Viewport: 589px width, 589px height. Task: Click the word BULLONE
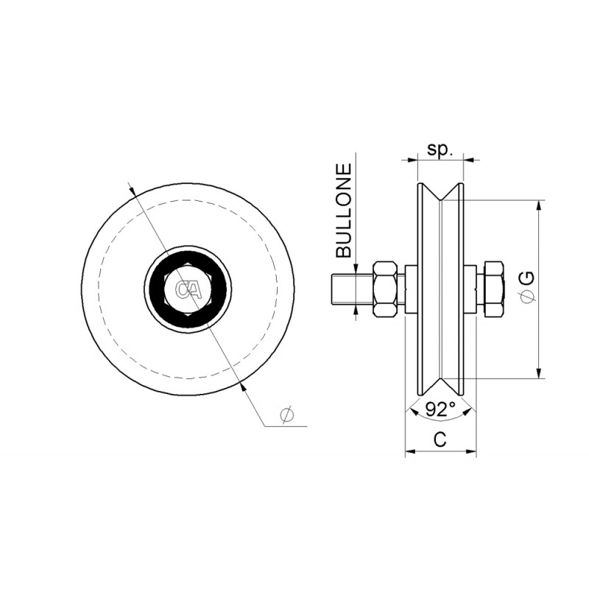click(x=344, y=211)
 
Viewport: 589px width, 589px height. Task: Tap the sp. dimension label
click(x=440, y=150)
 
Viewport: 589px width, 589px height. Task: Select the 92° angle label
click(x=440, y=409)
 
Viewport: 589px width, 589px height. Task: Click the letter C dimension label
click(x=440, y=439)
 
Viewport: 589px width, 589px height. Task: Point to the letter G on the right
click(x=528, y=278)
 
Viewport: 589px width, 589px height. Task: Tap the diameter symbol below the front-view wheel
click(x=287, y=415)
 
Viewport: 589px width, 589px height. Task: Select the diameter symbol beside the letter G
click(x=528, y=297)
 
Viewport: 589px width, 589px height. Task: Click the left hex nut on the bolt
click(x=384, y=289)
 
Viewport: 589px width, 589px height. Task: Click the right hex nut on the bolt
click(x=493, y=289)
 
